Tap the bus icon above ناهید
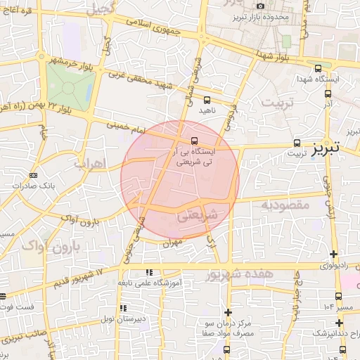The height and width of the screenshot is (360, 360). (x=206, y=100)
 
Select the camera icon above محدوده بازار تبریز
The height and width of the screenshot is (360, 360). (x=259, y=6)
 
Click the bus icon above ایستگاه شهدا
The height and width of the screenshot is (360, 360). (x=319, y=69)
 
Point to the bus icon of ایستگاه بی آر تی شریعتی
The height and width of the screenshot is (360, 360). (x=195, y=139)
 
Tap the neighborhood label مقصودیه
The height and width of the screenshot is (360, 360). (x=286, y=205)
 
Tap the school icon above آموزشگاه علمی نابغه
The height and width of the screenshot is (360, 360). (x=148, y=271)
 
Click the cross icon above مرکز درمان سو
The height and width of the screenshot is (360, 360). (x=227, y=312)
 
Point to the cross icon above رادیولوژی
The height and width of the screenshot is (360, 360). (x=333, y=254)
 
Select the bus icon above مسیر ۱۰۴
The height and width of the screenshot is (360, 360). (x=338, y=296)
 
